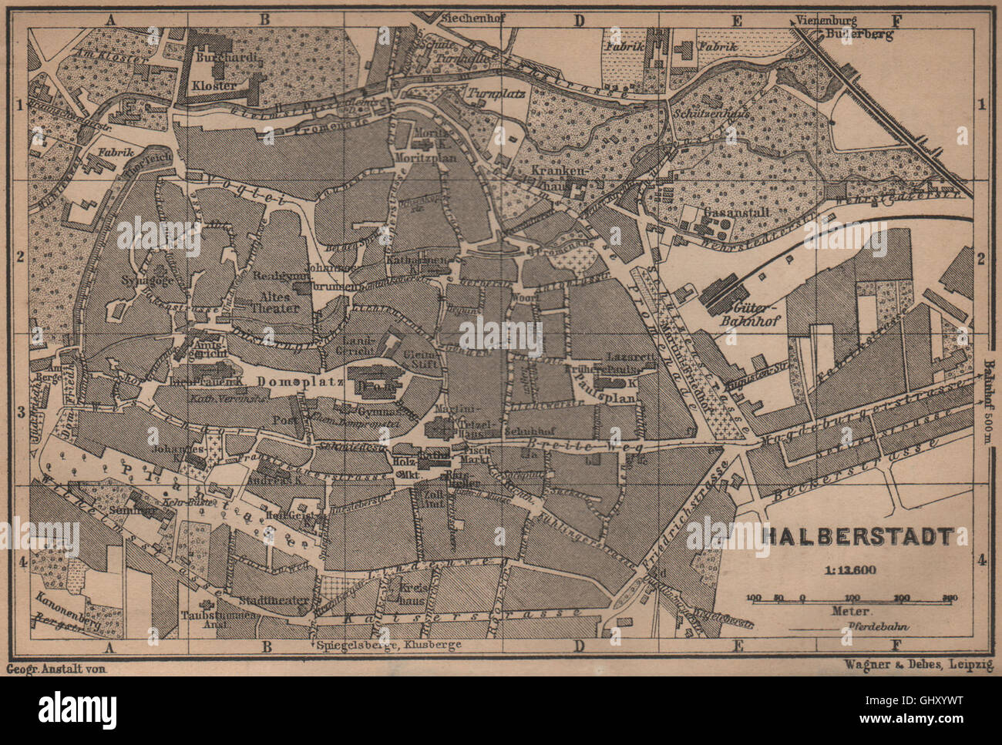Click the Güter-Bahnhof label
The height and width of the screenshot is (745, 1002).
pyautogui.click(x=741, y=312)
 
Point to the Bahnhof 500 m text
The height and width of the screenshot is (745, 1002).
pyautogui.click(x=992, y=401)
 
